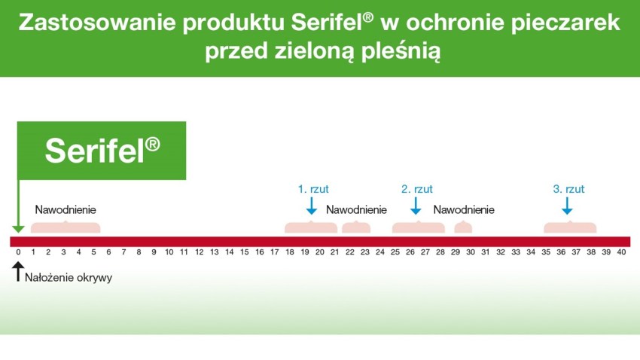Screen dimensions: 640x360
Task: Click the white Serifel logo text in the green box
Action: click(102, 150)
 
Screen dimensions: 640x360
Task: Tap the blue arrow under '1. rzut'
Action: click(312, 206)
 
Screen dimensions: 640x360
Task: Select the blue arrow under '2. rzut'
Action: click(416, 206)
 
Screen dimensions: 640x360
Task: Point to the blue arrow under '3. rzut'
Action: click(567, 206)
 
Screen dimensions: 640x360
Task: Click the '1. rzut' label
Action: click(313, 189)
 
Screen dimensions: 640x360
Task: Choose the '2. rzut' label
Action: click(416, 189)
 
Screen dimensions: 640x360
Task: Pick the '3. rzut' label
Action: click(568, 189)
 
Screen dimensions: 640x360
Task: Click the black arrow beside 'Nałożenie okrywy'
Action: click(18, 271)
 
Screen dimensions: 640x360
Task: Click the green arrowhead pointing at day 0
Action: click(18, 229)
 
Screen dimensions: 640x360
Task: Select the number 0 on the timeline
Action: click(18, 252)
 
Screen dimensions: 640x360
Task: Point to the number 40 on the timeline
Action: click(621, 252)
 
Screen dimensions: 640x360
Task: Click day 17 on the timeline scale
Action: click(275, 252)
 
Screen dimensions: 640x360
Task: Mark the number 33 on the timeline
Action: click(516, 252)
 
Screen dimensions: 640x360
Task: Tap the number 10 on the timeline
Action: click(169, 252)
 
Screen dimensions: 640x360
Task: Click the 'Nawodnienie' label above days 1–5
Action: click(66, 210)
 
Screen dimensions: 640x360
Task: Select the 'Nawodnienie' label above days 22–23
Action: click(356, 210)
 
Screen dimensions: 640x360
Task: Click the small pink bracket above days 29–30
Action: click(463, 227)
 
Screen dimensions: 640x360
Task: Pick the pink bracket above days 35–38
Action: click(570, 227)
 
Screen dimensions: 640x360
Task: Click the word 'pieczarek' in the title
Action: click(565, 23)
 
